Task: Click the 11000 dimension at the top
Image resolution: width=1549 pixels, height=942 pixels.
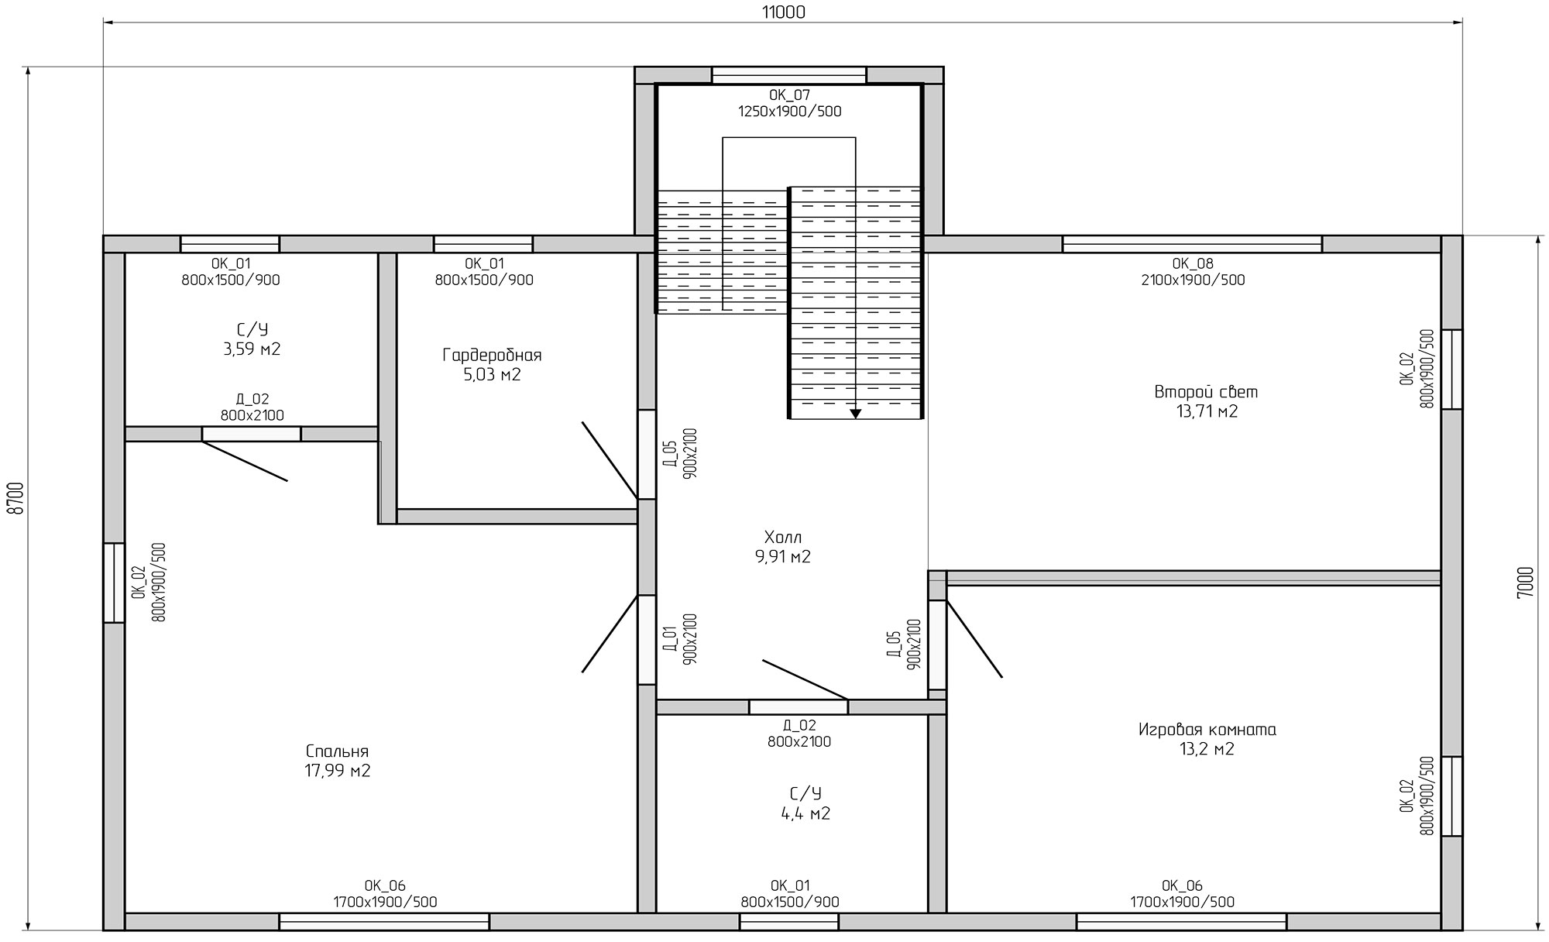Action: [x=783, y=12]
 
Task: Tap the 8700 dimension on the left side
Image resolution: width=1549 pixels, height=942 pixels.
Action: [x=15, y=497]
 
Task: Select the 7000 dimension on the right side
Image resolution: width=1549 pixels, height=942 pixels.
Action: [x=1525, y=582]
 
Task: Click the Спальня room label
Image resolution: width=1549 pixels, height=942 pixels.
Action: [x=337, y=751]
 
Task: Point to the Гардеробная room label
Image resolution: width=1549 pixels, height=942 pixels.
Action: [x=492, y=356]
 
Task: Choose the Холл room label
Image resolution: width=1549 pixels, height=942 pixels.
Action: [x=783, y=537]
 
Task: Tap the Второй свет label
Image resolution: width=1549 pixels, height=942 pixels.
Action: [x=1206, y=392]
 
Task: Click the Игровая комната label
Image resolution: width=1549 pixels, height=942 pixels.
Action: [x=1207, y=730]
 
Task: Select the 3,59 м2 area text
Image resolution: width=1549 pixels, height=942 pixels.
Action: [x=252, y=349]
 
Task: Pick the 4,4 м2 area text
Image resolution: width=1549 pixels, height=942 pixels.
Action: [x=805, y=813]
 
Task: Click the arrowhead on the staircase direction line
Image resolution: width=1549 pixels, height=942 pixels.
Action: [x=855, y=413]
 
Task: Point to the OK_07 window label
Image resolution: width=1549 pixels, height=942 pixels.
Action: [x=789, y=95]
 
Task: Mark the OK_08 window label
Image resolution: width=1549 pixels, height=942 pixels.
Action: [x=1193, y=263]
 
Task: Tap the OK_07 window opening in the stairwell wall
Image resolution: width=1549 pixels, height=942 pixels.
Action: [x=788, y=75]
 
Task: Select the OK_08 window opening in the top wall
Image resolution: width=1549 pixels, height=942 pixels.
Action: [x=1192, y=244]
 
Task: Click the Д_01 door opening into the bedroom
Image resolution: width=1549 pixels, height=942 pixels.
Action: [x=647, y=639]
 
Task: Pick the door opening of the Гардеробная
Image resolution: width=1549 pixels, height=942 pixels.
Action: [x=647, y=454]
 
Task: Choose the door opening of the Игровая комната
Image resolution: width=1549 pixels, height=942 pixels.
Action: [x=937, y=645]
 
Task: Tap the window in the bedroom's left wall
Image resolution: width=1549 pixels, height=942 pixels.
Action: [x=114, y=583]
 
